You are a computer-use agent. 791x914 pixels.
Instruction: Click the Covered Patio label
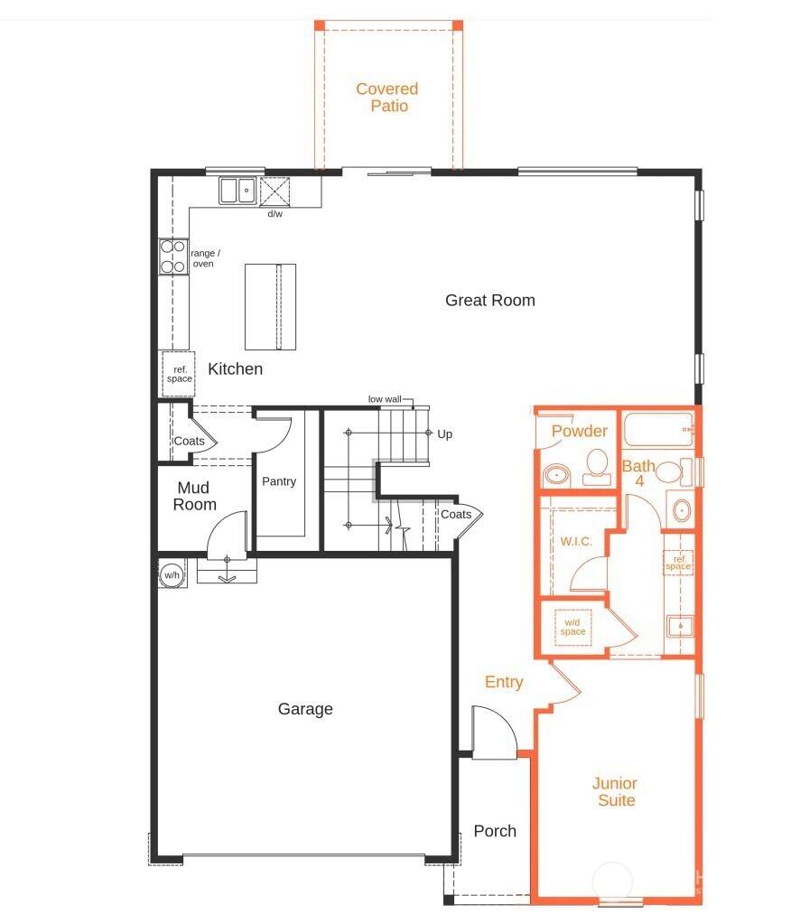coord(387,98)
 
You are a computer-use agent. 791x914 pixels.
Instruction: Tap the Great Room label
coord(490,300)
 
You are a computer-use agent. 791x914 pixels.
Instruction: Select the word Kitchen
coord(235,369)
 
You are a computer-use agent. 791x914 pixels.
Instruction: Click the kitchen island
coord(270,306)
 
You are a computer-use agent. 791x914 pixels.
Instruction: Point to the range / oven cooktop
coord(173,256)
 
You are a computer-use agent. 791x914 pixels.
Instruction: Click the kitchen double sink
coord(237,190)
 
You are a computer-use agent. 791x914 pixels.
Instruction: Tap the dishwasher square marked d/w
coord(275,191)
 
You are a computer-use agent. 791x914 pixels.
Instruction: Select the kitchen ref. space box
coord(179,374)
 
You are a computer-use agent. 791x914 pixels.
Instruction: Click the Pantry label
coord(279,481)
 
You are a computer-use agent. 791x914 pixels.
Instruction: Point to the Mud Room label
coord(194,496)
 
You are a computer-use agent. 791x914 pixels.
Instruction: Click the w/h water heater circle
coord(172,574)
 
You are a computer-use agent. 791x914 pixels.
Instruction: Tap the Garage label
coord(305,709)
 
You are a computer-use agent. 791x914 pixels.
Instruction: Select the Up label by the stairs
coord(445,434)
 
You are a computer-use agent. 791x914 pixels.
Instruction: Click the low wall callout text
coord(385,399)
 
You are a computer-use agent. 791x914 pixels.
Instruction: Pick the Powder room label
coord(580,431)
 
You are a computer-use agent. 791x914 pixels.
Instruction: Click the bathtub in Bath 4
coord(658,429)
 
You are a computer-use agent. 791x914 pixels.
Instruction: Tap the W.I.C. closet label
coord(576,542)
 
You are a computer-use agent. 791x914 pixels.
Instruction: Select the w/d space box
coord(573,627)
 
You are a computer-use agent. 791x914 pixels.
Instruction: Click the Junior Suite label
coord(615,791)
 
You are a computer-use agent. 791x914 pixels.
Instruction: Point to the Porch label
coord(495,831)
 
